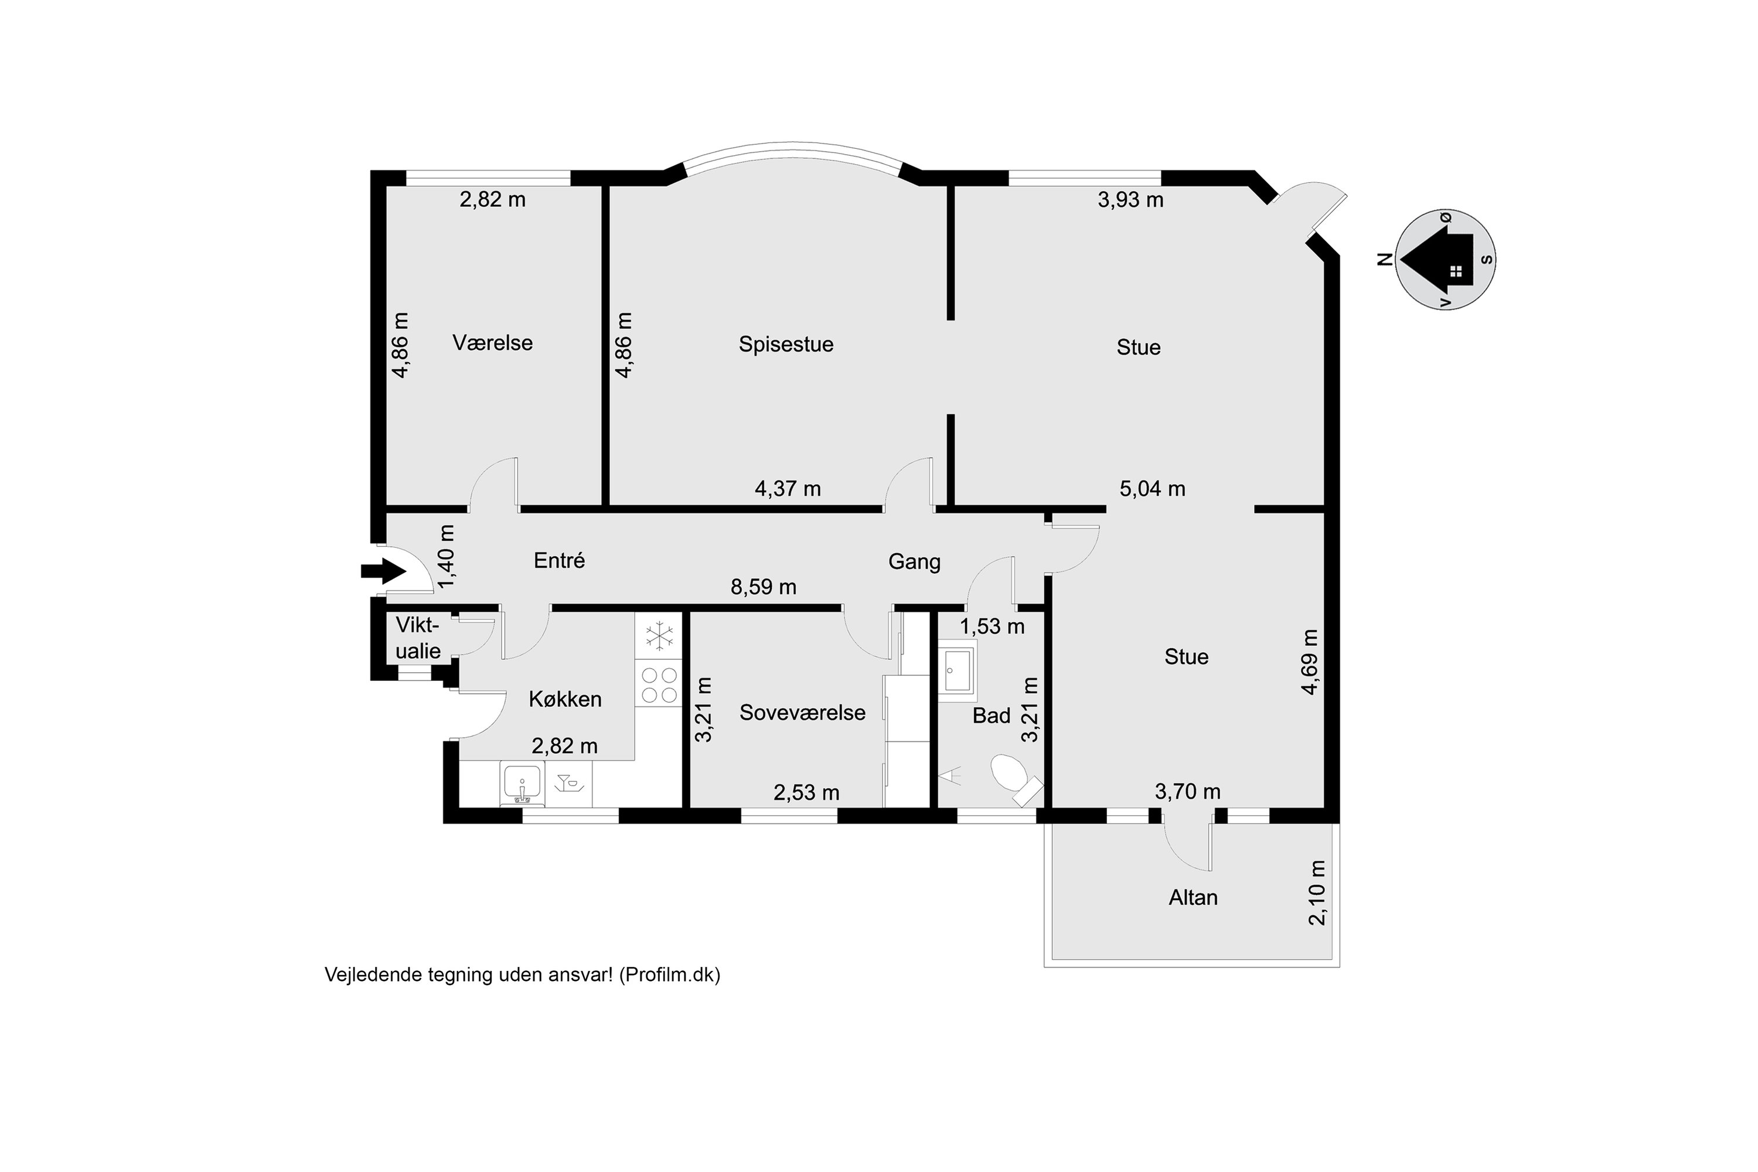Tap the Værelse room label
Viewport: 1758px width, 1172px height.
493,343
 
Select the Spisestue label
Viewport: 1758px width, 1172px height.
786,345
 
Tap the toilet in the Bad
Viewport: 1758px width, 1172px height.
1009,772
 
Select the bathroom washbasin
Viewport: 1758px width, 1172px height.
958,670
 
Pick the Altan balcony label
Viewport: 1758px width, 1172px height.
1193,898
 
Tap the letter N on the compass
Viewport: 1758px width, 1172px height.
1385,260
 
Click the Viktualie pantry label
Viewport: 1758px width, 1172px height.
417,638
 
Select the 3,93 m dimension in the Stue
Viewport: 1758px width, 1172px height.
1130,200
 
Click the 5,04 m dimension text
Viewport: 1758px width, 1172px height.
1152,489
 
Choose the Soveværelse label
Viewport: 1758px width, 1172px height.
802,713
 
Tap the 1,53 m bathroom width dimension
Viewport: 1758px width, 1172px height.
992,626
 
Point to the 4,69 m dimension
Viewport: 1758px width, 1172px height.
1309,662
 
